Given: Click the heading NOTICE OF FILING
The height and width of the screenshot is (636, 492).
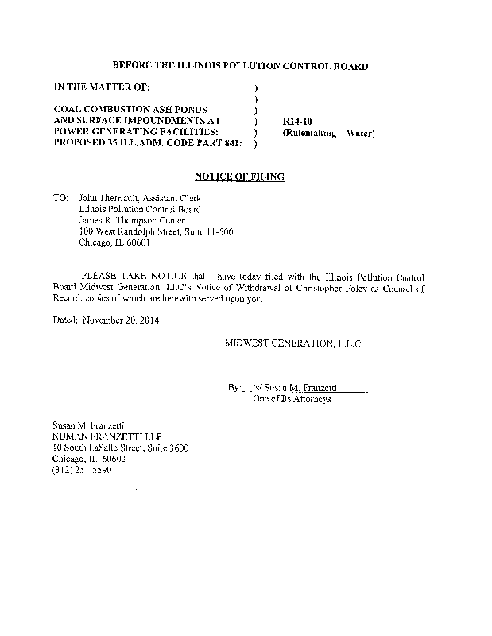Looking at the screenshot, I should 239,176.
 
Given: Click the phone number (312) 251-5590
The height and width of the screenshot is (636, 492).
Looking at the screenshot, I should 81,470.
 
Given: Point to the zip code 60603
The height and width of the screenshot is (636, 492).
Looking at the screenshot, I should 113,459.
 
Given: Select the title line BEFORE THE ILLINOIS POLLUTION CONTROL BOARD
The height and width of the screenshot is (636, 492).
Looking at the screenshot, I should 239,66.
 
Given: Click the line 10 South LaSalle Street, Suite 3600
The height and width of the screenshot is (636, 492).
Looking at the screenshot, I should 120,448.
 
